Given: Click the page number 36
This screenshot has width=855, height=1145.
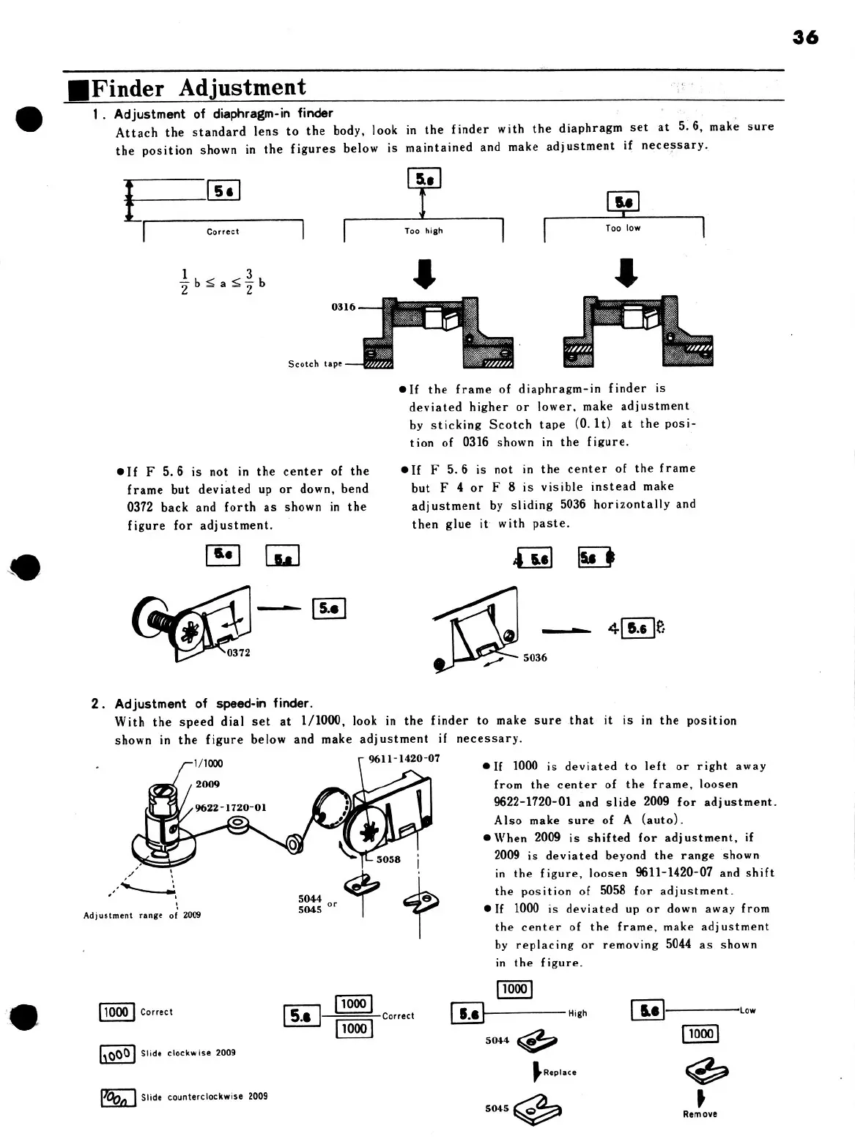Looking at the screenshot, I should click(805, 37).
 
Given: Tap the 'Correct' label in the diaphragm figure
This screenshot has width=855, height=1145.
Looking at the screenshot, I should click(223, 231).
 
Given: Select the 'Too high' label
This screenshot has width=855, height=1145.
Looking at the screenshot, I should click(423, 231).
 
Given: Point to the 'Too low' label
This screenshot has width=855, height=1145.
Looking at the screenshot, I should click(623, 229).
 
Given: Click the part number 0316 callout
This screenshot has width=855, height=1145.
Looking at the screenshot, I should click(343, 307).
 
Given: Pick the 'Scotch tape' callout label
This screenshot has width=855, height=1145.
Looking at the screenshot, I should click(314, 364).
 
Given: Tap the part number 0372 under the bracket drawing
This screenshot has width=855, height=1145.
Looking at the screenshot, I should click(238, 653).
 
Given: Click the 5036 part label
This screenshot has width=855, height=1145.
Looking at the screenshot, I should click(535, 658).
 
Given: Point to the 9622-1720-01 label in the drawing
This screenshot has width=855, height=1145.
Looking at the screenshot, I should click(231, 808).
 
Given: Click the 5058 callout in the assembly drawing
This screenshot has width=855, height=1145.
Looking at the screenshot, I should click(388, 859).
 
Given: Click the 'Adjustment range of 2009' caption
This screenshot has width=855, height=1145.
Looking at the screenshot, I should click(142, 915).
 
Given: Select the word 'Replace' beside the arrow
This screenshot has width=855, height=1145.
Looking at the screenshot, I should click(560, 1072).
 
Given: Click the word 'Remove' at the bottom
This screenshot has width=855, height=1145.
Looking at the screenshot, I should click(700, 1114).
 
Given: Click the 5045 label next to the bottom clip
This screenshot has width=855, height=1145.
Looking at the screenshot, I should click(497, 1108).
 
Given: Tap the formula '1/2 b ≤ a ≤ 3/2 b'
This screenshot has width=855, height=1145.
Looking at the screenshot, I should click(223, 282).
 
